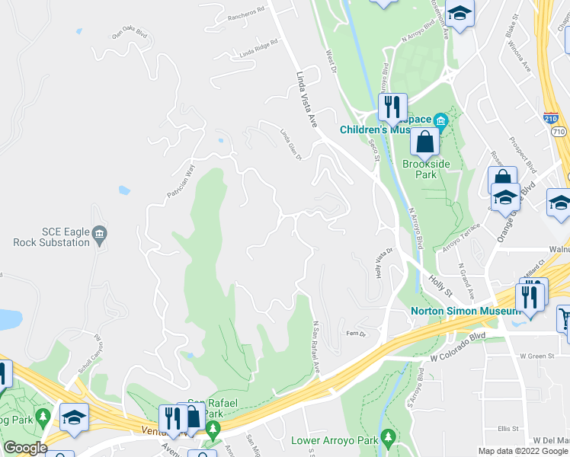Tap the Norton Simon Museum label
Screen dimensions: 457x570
465,311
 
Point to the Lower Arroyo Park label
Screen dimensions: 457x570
335,440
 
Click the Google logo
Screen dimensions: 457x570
24,448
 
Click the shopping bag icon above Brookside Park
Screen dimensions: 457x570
424,142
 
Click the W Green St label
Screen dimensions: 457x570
537,356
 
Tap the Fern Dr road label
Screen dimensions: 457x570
356,334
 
